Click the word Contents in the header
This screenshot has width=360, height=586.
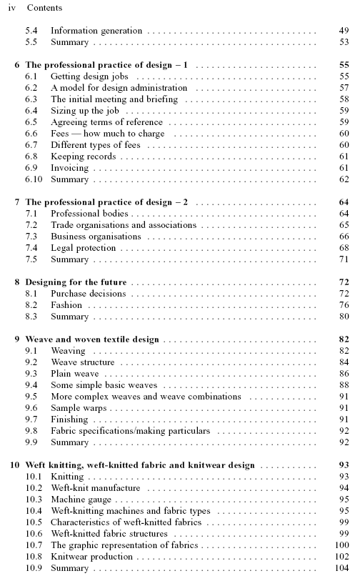pos(44,9)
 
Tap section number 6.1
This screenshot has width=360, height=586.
pos(31,76)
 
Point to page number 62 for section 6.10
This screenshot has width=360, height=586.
pos(344,179)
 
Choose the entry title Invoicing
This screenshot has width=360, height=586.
pos(70,168)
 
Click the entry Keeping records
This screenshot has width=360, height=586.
pos(83,157)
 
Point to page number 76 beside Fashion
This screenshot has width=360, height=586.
pos(344,305)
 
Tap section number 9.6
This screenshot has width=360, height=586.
pos(31,408)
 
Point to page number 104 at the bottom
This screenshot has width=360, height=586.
pos(341,568)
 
